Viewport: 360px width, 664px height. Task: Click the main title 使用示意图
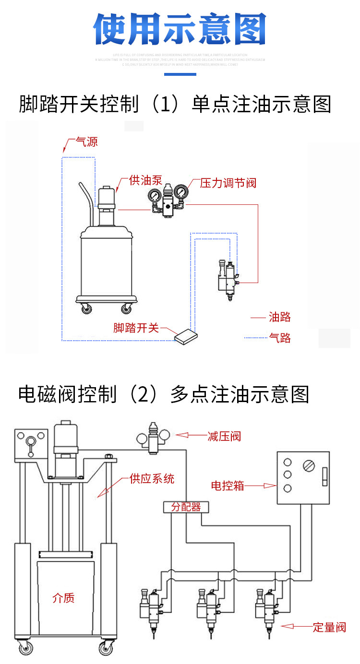coord(180,30)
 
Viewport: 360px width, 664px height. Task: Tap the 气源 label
coord(86,142)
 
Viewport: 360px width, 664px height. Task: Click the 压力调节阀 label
coord(228,183)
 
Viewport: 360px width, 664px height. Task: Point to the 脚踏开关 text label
coord(136,328)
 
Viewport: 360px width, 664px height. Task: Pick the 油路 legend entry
coord(280,317)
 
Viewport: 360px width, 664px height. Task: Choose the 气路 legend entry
coord(280,338)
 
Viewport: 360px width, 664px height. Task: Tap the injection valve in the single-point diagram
coord(228,281)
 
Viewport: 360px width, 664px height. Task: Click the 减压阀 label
coord(224,436)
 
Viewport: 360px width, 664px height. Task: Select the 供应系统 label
coord(152,478)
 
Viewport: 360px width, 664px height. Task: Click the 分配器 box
coord(186,507)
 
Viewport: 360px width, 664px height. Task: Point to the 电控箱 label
coord(228,486)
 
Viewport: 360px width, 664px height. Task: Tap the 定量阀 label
coord(329,627)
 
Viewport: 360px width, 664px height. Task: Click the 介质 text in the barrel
coord(63,598)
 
